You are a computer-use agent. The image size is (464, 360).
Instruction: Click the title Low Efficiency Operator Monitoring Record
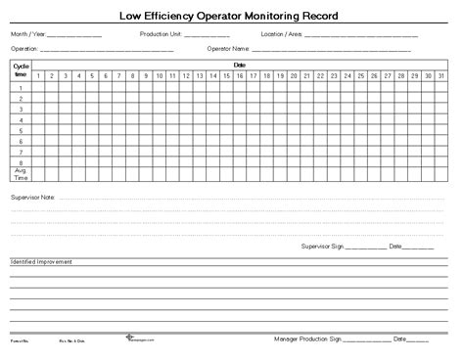pyautogui.click(x=232, y=15)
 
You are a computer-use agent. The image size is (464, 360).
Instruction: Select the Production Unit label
pyautogui.click(x=160, y=34)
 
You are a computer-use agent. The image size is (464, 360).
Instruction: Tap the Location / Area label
pyautogui.click(x=281, y=34)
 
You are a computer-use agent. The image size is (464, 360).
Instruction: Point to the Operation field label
pyautogui.click(x=23, y=47)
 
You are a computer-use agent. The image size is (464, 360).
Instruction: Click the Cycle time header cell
pyautogui.click(x=21, y=69)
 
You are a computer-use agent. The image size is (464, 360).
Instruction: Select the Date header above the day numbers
pyautogui.click(x=239, y=65)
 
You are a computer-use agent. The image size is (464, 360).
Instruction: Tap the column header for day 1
pyautogui.click(x=38, y=75)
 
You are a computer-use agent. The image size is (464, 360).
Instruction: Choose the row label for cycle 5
pyautogui.click(x=21, y=130)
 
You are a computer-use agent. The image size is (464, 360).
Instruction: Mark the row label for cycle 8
pyautogui.click(x=21, y=162)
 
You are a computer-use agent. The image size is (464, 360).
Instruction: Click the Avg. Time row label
pyautogui.click(x=21, y=174)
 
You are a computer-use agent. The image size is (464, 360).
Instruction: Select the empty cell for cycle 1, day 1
pyautogui.click(x=38, y=87)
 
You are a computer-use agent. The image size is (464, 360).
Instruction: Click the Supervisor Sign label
pyautogui.click(x=323, y=246)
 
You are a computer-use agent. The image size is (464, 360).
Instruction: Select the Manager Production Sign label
pyautogui.click(x=306, y=339)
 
